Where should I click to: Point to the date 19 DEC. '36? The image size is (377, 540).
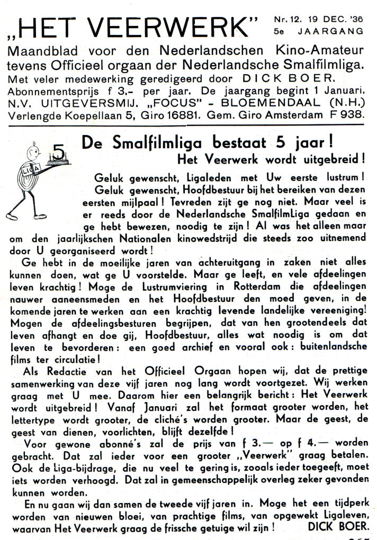[333, 20]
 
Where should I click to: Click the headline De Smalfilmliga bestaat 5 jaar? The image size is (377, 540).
[207, 142]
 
